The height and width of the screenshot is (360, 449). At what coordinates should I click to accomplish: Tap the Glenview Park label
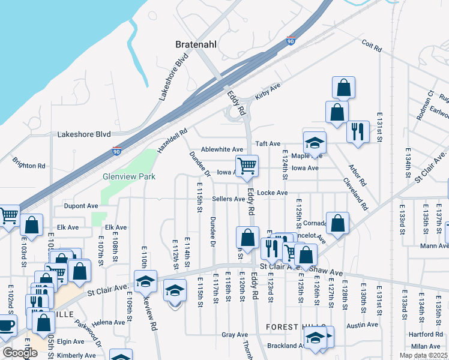pyautogui.click(x=129, y=176)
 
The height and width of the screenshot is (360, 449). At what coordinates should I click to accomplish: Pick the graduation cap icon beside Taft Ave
pyautogui.click(x=314, y=143)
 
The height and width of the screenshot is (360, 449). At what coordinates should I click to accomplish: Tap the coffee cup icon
pyautogui.click(x=6, y=326)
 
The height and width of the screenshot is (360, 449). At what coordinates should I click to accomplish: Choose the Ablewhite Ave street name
pyautogui.click(x=222, y=149)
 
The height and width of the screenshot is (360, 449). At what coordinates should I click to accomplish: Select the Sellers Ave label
pyautogui.click(x=228, y=199)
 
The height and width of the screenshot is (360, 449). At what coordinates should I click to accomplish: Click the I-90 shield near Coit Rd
pyautogui.click(x=291, y=40)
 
